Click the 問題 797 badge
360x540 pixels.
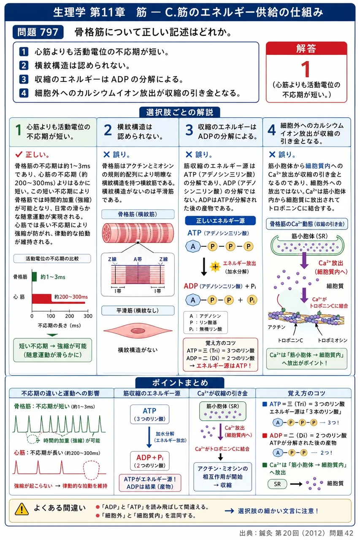pyautogui.click(x=38, y=32)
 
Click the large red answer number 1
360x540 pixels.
pyautogui.click(x=306, y=69)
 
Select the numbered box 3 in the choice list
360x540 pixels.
pyautogui.click(x=24, y=79)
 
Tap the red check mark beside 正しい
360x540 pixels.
pyautogui.click(x=19, y=154)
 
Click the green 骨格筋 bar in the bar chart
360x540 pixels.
pyautogui.click(x=34, y=276)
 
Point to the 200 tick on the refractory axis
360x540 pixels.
pyautogui.click(x=70, y=316)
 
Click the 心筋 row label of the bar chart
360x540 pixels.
pyautogui.click(x=19, y=297)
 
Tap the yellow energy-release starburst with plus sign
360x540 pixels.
pyautogui.click(x=215, y=267)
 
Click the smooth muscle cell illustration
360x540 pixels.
pyautogui.click(x=138, y=330)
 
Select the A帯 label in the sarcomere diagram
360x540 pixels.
pyautogui.click(x=138, y=259)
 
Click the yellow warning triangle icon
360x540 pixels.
pyautogui.click(x=22, y=509)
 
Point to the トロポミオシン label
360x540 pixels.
pyautogui.click(x=333, y=340)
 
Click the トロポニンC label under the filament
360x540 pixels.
pyautogui.click(x=290, y=340)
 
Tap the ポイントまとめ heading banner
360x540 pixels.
pyautogui.click(x=180, y=383)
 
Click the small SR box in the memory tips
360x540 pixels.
pyautogui.click(x=277, y=484)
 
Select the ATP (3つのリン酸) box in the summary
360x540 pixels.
pyautogui.click(x=149, y=414)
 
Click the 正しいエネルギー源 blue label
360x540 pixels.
pyautogui.click(x=220, y=221)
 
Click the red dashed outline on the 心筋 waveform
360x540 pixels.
pyautogui.click(x=91, y=470)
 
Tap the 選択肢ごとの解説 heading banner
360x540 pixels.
pyautogui.click(x=180, y=112)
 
